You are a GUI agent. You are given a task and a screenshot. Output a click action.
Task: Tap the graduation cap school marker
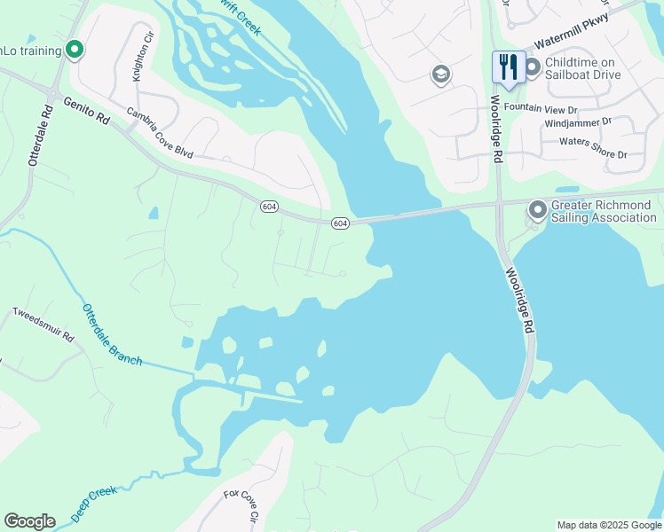click(440, 75)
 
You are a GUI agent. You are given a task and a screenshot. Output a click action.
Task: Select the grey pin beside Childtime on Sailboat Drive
click(533, 67)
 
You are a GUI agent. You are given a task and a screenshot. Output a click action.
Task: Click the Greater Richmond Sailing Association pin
click(537, 211)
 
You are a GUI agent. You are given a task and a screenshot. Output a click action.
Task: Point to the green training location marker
click(75, 50)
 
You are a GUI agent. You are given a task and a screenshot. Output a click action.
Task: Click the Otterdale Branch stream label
click(112, 335)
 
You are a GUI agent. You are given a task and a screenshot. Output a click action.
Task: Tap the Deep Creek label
click(94, 503)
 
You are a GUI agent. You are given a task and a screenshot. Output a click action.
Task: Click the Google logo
click(29, 521)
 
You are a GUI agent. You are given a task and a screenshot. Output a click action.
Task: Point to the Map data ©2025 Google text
click(608, 525)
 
